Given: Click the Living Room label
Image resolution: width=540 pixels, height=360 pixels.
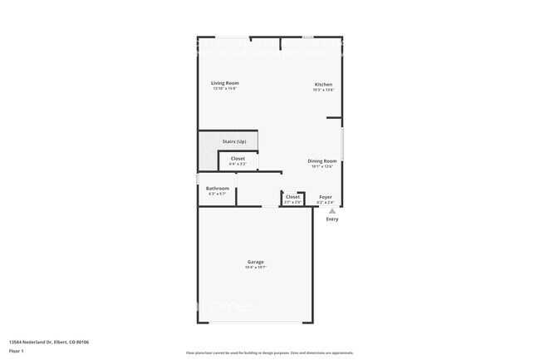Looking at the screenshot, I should click(224, 83).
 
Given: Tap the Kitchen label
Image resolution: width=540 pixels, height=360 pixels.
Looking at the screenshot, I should click(323, 85).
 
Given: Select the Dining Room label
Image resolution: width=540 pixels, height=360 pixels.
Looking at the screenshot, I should click(322, 161).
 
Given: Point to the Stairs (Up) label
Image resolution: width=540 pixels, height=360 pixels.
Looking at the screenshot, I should click(234, 141).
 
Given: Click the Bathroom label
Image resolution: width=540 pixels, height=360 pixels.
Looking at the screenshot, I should click(218, 189).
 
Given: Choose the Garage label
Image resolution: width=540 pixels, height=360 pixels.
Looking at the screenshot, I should click(255, 262).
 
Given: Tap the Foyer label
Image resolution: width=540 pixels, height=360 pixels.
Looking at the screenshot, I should click(326, 197).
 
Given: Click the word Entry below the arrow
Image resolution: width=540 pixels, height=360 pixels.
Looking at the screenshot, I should click(332, 219).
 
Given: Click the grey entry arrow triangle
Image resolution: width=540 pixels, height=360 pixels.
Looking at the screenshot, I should click(332, 211).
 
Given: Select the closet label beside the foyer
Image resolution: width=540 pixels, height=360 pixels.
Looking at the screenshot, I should click(292, 197).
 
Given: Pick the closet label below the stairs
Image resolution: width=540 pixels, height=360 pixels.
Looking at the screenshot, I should click(238, 158).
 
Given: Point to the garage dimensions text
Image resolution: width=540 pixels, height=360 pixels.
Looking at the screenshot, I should click(255, 268).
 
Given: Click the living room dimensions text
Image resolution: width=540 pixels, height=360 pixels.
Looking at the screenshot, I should click(224, 89).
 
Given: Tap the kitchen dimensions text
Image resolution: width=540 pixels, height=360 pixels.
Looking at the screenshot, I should click(323, 91).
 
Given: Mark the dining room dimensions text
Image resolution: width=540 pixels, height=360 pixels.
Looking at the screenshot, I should click(322, 167).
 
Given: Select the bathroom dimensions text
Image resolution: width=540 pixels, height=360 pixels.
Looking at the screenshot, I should click(218, 195).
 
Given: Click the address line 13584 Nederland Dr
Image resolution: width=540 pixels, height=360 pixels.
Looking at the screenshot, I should click(49, 342).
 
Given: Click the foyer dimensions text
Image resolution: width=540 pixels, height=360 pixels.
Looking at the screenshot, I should click(326, 202).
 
